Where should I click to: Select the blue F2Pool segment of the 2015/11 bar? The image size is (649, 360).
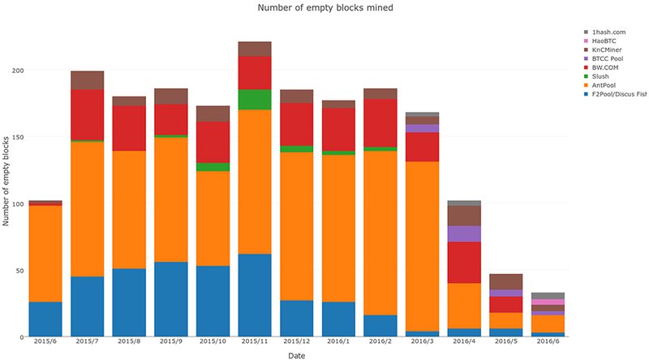pos(255,295)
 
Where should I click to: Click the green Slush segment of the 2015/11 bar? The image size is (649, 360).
pos(255,99)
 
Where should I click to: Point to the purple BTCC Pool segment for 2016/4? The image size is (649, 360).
pos(464,234)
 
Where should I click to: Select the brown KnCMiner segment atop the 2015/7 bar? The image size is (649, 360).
pos(87,79)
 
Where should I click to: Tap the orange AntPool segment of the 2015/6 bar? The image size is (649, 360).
pos(45,253)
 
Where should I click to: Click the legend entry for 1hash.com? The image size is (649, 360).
pos(608,32)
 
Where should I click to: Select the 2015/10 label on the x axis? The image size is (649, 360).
pos(213,343)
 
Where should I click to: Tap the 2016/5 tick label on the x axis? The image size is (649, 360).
pos(506,343)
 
